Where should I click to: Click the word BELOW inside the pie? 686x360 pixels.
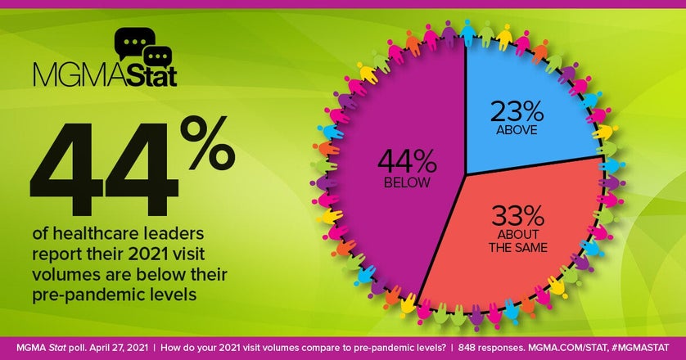point(405,182)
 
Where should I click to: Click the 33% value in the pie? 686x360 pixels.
point(517,216)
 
